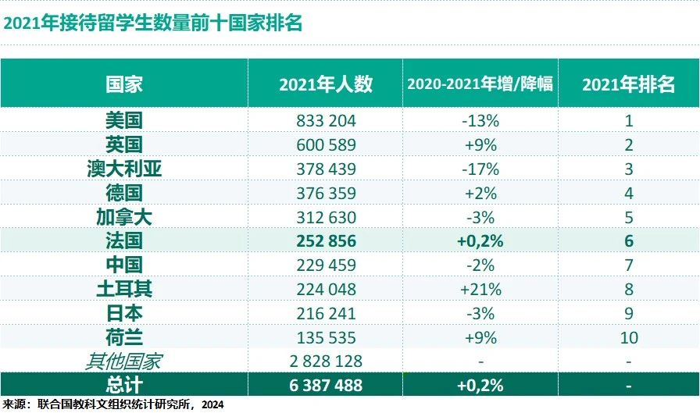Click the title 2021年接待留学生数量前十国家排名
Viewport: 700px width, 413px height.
153,23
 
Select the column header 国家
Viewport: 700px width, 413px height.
124,84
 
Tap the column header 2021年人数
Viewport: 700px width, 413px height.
326,84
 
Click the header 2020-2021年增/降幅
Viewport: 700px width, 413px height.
480,84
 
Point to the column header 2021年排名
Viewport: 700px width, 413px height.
629,84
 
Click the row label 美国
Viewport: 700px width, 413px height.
124,120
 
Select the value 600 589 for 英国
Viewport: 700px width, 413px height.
327,145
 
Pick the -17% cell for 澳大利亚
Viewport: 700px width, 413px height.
480,169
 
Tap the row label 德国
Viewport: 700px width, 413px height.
124,193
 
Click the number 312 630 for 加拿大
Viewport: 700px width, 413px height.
327,217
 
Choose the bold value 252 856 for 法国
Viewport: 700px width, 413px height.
327,241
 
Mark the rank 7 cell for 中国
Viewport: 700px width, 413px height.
629,265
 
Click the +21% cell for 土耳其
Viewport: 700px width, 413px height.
480,290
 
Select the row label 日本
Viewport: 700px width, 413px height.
124,314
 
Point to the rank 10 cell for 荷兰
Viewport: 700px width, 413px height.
629,337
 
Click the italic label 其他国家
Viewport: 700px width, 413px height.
123,361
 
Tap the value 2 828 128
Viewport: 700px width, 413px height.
326,361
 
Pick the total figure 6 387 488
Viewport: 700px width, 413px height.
326,385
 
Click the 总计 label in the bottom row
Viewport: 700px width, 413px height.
124,385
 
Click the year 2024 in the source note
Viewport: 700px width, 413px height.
212,404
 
